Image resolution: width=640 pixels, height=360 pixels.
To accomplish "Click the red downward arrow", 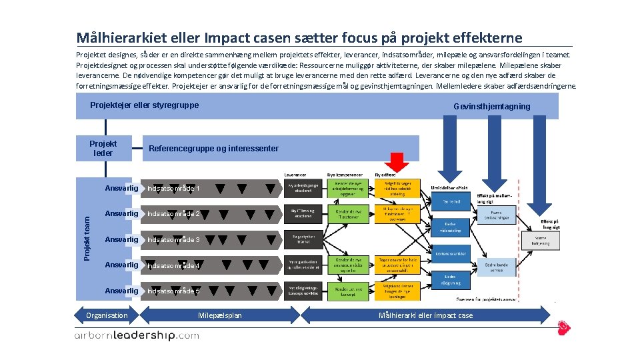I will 399,162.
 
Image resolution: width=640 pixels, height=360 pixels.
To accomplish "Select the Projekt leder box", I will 103,148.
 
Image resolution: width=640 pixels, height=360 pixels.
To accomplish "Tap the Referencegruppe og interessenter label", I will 213,148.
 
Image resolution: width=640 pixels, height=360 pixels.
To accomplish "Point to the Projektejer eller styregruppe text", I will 144,105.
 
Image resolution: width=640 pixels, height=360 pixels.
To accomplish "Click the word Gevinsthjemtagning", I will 491,107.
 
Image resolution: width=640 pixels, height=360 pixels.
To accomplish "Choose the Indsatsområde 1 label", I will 173,189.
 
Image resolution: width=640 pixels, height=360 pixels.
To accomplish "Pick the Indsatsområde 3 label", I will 173,239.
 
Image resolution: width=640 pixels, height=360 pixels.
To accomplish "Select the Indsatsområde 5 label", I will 173,291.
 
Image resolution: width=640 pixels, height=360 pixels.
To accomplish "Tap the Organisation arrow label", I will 107,315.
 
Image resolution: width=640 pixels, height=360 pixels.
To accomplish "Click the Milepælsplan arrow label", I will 220,315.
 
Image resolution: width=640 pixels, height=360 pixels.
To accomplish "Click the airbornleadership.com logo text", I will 137,336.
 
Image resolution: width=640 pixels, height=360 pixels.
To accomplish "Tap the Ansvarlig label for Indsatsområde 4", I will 121,265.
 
